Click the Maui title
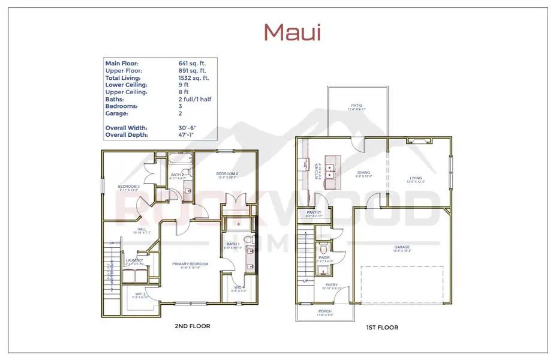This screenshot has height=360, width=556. point(292,32)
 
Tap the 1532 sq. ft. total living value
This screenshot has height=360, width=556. point(194,78)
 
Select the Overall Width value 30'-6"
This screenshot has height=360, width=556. point(188,128)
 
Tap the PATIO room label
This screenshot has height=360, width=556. point(357,106)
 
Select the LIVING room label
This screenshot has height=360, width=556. point(416,178)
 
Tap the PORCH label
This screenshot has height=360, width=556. point(325,311)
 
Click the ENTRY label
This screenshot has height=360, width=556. point(331,285)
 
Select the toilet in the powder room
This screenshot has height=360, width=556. point(324,247)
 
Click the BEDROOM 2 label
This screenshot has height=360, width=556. point(228,174)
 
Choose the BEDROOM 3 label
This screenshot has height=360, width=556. point(129,187)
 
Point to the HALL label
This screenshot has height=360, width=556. point(142,229)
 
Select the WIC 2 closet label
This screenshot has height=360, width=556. point(139,293)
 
